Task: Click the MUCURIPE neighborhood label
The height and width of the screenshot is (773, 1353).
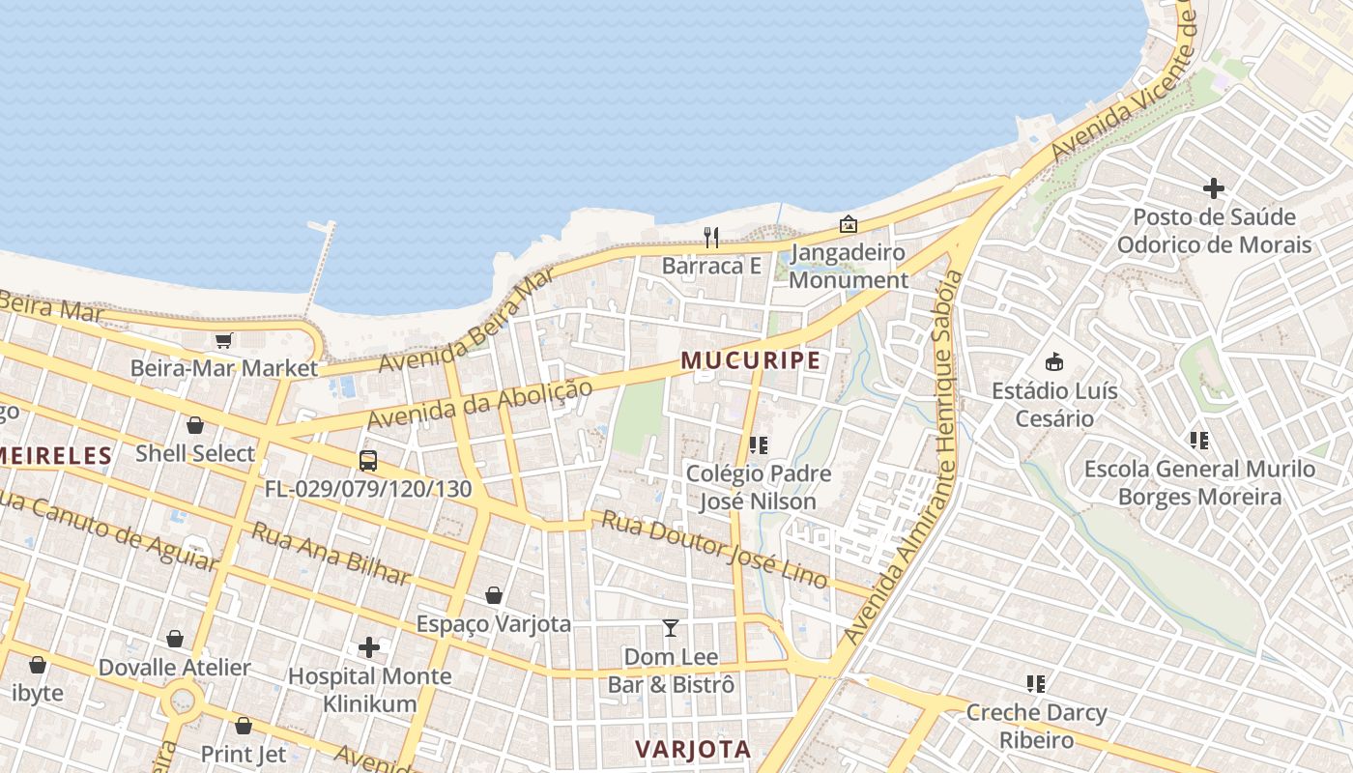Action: coord(751,360)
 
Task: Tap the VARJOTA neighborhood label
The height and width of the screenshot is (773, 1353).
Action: coord(693,749)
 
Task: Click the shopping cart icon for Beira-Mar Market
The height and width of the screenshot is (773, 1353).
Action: coord(224,340)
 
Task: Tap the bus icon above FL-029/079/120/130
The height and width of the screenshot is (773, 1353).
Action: coord(368,460)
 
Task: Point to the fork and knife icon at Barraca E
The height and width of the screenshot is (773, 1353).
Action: coord(711,237)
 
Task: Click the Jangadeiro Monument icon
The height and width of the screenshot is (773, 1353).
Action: coord(849,224)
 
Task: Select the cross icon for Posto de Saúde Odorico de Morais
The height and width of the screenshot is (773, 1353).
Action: coord(1214,188)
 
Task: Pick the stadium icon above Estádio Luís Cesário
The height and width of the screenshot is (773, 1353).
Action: coord(1054,362)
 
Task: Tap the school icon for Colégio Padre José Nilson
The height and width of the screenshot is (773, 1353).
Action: coord(759,444)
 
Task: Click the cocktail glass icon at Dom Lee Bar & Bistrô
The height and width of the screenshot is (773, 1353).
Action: coord(671,628)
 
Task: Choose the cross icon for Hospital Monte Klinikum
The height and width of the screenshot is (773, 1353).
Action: coord(369,646)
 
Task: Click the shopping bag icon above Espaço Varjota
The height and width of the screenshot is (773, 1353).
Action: coord(494,595)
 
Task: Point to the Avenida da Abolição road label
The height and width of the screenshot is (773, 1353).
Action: coord(478,405)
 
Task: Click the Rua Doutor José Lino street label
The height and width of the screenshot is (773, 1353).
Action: coord(714,548)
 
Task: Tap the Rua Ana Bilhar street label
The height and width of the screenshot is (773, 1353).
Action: coord(331,554)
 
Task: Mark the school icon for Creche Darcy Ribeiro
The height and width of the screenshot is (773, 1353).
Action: coord(1036,684)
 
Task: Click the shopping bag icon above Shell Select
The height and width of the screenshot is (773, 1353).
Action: coord(195,425)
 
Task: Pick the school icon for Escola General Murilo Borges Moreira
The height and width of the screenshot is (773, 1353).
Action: coord(1199,441)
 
